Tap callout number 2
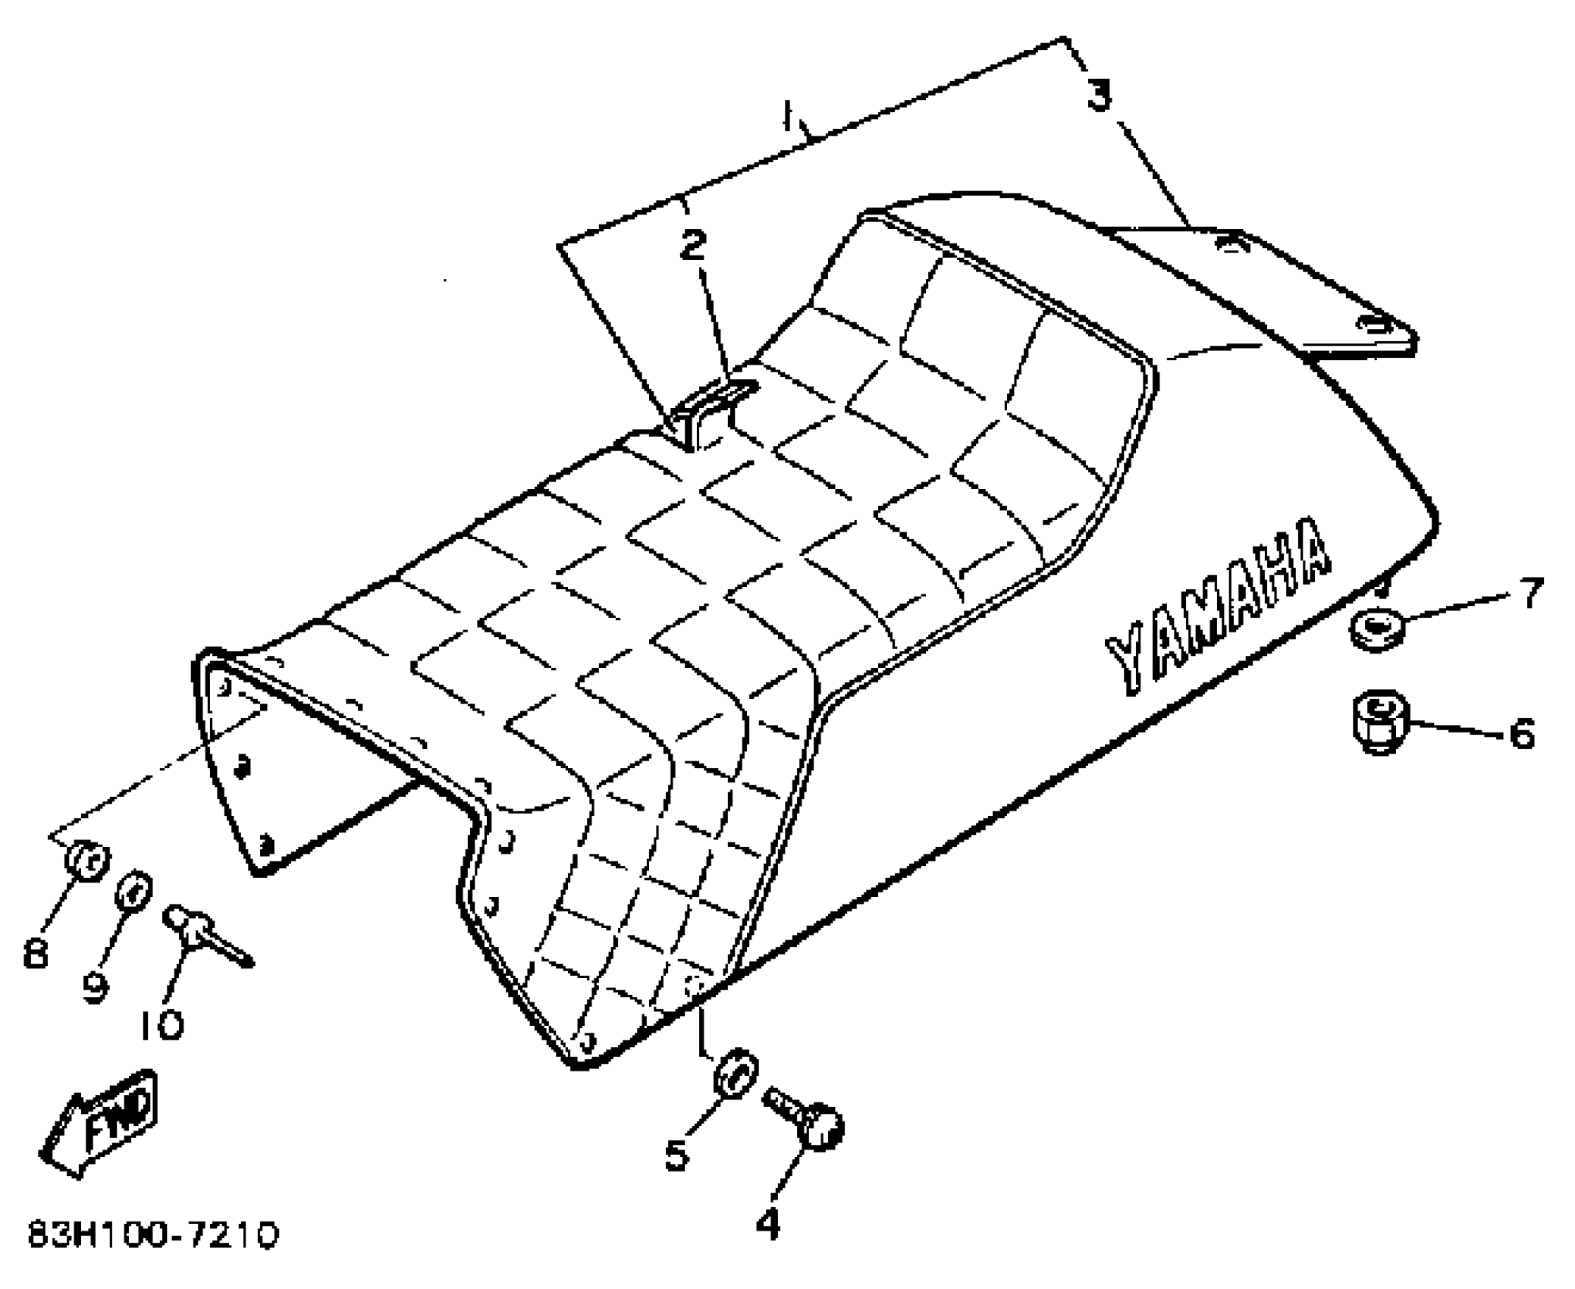pos(692,245)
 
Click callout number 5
pos(676,1154)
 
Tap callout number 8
pos(36,952)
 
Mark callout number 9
pos(95,986)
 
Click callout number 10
pos(162,1025)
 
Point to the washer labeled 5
pos(734,1073)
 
